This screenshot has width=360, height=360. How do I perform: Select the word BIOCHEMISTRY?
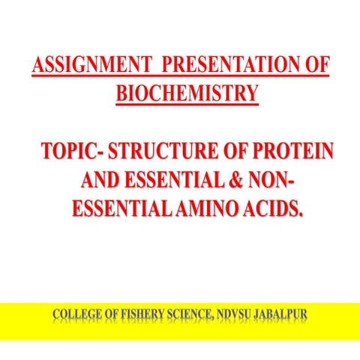(x=187, y=94)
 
